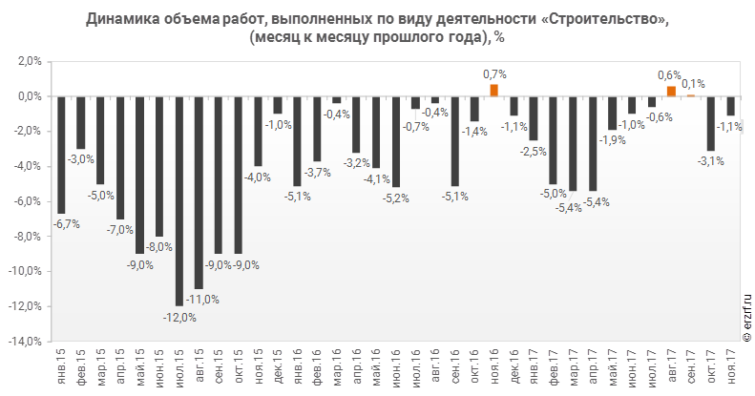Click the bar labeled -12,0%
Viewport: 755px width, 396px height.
pyautogui.click(x=178, y=200)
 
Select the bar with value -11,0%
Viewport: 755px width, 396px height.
pyautogui.click(x=199, y=192)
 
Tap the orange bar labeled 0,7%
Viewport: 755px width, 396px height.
pyautogui.click(x=494, y=91)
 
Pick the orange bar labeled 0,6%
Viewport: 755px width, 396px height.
pyautogui.click(x=671, y=92)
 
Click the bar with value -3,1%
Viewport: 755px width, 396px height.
pyautogui.click(x=711, y=123)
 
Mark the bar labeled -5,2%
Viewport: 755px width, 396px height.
pyautogui.click(x=396, y=141)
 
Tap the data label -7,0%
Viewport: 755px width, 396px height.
pyautogui.click(x=121, y=229)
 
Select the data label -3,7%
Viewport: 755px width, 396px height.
pyautogui.click(x=319, y=172)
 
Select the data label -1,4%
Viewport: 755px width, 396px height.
pyautogui.click(x=475, y=131)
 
